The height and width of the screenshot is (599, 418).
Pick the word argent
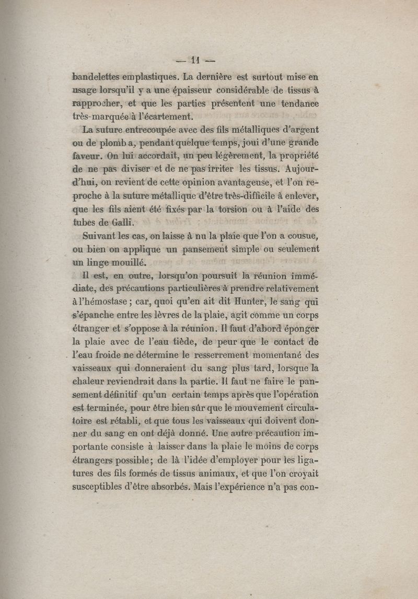[x=304, y=130]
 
